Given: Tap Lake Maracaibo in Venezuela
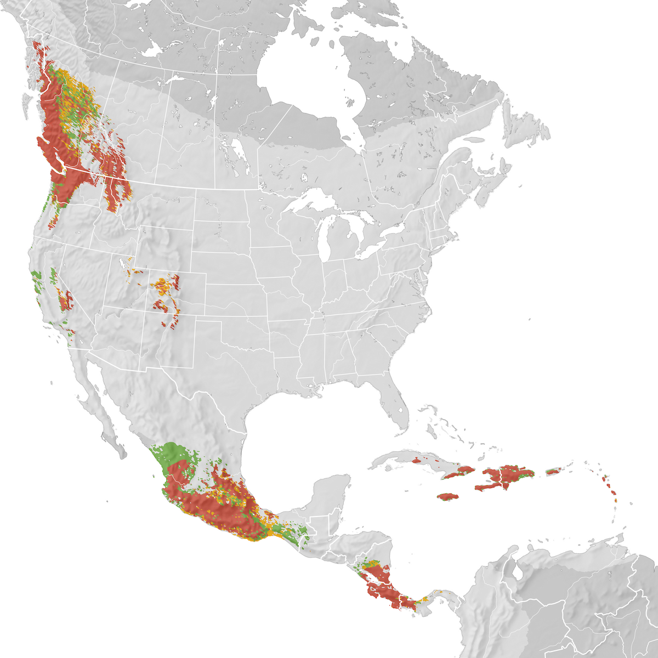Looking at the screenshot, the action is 518,570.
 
